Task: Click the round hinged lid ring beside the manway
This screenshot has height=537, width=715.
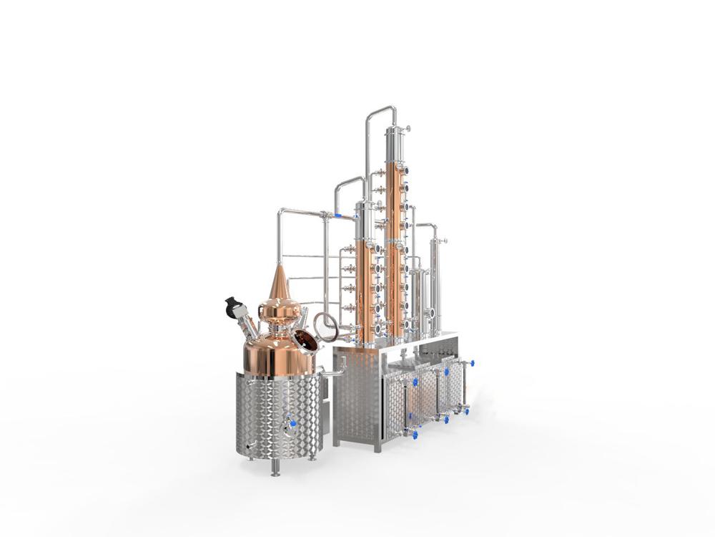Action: (x=326, y=326)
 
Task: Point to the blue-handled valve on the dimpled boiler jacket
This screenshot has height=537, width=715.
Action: (x=290, y=425)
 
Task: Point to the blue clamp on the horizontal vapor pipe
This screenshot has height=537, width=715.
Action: (x=337, y=214)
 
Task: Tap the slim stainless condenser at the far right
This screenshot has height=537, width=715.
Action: (x=435, y=283)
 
